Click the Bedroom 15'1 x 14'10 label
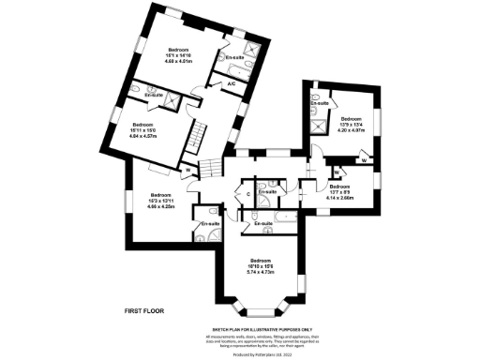(x=178, y=56)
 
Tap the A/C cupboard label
(x=231, y=84)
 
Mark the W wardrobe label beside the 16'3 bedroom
(x=188, y=170)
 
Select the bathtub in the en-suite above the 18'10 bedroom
(x=274, y=223)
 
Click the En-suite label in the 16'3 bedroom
(x=209, y=224)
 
